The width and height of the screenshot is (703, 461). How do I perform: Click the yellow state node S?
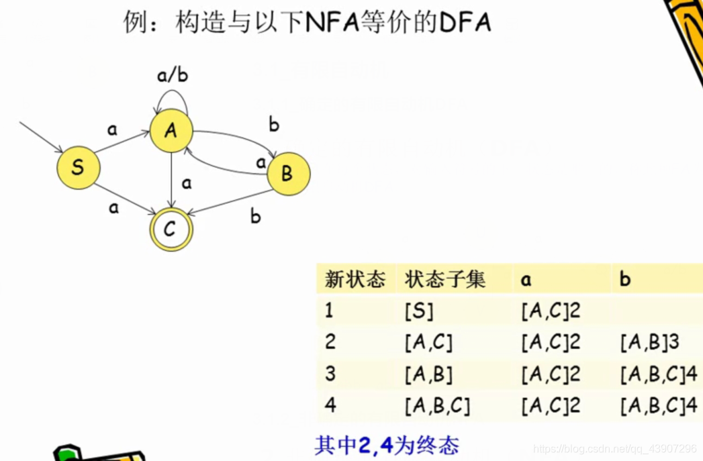[x=78, y=167]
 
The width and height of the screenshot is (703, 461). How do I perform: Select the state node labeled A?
[x=171, y=130]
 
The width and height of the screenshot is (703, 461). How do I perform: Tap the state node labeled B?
[x=288, y=173]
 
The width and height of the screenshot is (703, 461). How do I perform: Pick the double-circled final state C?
[x=171, y=229]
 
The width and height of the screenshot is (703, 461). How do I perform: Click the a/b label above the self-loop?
[x=173, y=75]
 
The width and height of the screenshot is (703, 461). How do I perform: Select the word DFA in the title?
[x=465, y=23]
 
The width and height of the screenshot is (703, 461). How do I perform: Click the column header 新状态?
[x=355, y=279]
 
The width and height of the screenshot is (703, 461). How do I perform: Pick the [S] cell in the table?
[x=419, y=311]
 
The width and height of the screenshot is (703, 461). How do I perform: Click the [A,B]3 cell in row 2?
[x=649, y=342]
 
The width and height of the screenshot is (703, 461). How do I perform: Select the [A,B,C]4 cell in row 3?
[x=659, y=374]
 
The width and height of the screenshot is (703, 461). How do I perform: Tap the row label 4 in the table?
[x=330, y=405]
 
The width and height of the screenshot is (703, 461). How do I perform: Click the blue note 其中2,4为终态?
[x=387, y=445]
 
